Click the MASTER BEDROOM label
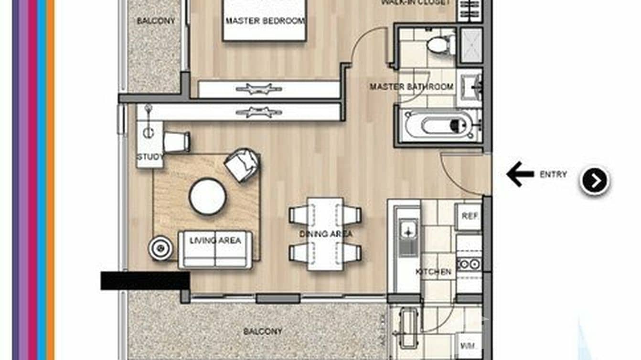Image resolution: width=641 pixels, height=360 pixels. click(x=265, y=21)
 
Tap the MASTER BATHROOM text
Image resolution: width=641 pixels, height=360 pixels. click(x=411, y=87)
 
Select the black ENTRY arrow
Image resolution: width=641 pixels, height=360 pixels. click(x=520, y=174)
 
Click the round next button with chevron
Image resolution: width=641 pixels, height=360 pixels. click(x=594, y=181)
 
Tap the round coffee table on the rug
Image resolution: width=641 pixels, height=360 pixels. click(x=207, y=196)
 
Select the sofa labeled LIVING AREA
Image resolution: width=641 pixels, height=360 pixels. click(x=215, y=249)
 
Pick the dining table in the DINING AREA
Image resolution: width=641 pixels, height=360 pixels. click(x=325, y=233)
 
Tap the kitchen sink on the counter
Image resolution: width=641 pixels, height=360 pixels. click(x=408, y=237)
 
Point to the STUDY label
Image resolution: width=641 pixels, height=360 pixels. click(x=150, y=157)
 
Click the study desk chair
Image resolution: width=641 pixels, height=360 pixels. click(x=176, y=142)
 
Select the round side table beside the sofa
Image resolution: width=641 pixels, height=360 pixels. click(x=160, y=248)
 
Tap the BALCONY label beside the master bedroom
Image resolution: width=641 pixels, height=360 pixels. click(x=156, y=21)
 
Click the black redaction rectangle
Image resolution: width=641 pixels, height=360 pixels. click(x=145, y=281)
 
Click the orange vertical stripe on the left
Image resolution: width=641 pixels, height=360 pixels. click(x=51, y=180)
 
